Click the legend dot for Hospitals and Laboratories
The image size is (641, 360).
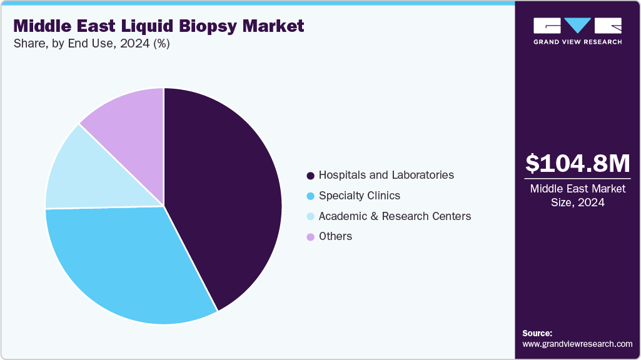tap(310, 176)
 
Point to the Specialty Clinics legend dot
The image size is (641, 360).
tap(310, 196)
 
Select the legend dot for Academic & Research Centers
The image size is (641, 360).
tap(310, 216)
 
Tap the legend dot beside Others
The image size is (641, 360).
tap(310, 237)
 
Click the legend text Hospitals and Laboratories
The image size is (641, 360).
tap(386, 175)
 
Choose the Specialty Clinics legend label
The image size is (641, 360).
tap(359, 196)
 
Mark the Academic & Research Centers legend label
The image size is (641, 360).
tap(395, 216)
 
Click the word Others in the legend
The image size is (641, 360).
tap(335, 236)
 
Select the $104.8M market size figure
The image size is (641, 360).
tap(577, 163)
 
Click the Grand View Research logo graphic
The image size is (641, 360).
tap(577, 25)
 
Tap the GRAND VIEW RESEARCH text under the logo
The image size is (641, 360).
tap(577, 42)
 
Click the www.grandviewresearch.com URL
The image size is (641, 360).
tap(577, 344)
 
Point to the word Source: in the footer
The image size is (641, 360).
tap(537, 333)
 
